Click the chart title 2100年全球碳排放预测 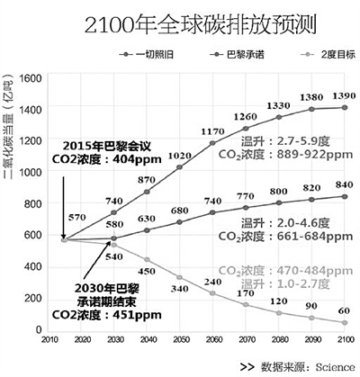click(x=179, y=20)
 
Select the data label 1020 click(x=181, y=155)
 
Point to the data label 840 click(x=340, y=185)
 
